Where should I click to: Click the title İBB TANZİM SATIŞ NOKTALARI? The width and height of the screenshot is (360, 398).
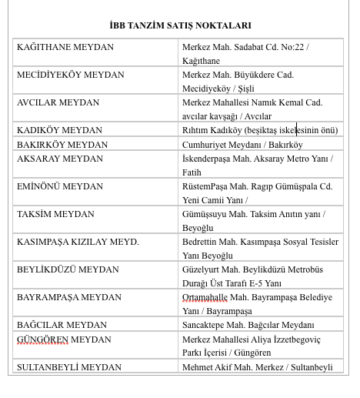click(180, 25)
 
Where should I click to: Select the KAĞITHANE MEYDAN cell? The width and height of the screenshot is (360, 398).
click(65, 47)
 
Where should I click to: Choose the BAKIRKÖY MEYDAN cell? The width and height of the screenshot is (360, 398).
click(61, 144)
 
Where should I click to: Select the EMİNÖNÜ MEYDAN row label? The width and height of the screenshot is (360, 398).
click(60, 186)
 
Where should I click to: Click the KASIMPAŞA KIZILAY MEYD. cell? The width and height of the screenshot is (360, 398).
click(78, 241)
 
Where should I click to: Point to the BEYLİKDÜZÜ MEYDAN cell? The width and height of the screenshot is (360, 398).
click(68, 269)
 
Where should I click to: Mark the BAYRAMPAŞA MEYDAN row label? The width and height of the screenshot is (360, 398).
click(69, 296)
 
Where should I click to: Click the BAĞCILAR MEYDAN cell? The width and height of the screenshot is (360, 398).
click(62, 324)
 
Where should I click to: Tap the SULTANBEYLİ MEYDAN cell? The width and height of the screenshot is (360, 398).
click(69, 366)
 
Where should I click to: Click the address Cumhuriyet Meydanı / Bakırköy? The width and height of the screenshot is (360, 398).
click(242, 144)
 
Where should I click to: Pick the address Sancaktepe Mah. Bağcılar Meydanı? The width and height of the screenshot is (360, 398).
click(248, 325)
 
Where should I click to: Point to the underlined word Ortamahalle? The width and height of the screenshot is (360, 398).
click(205, 297)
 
